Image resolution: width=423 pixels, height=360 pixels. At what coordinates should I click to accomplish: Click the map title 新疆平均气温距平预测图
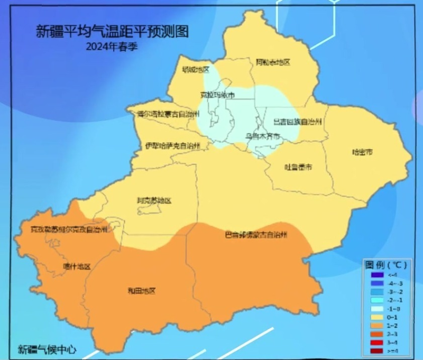112,31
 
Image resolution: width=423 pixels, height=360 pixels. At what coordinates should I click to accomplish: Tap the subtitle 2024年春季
112,46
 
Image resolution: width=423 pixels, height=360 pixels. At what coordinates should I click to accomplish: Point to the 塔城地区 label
196,70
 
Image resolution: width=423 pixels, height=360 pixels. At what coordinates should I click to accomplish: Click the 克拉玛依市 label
217,95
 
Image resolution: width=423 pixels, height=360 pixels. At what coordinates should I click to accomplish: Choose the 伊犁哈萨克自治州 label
173,146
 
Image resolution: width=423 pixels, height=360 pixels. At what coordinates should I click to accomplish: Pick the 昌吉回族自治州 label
298,122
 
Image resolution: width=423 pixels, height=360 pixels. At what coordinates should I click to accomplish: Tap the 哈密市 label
363,152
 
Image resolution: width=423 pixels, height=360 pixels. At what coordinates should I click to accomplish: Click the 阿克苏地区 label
154,200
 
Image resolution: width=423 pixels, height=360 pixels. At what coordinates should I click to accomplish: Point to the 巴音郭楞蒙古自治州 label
256,234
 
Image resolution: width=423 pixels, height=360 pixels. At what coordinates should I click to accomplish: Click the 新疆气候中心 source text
47,349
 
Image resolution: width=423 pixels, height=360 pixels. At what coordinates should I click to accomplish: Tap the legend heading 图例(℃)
384,264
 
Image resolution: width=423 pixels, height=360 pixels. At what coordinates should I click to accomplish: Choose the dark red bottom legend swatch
376,351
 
